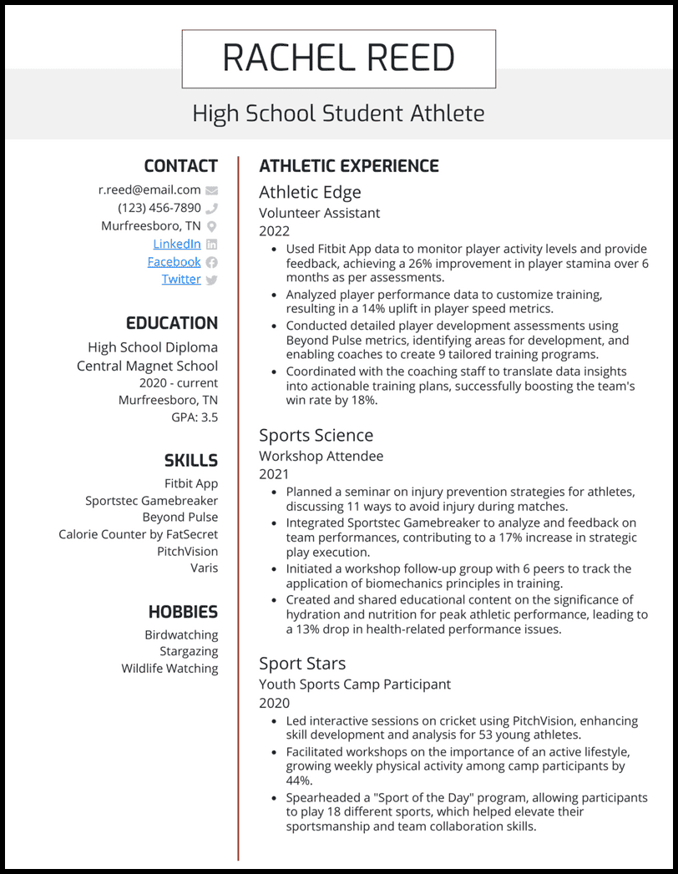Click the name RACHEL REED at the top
point(338,58)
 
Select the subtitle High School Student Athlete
point(338,113)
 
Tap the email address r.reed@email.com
point(149,189)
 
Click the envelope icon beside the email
point(211,190)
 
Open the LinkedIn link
point(176,244)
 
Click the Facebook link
point(174,261)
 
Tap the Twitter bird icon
point(211,280)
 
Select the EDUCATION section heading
point(171,323)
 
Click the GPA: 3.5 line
point(195,417)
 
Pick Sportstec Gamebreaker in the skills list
point(151,500)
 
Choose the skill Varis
point(204,568)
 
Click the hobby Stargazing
point(189,651)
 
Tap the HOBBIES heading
point(183,612)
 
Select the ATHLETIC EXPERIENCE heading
point(348,166)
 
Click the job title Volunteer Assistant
point(319,213)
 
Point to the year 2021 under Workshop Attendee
point(274,474)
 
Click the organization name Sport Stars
point(301,663)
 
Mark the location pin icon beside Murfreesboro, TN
point(211,226)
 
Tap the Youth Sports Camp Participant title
point(354,684)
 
